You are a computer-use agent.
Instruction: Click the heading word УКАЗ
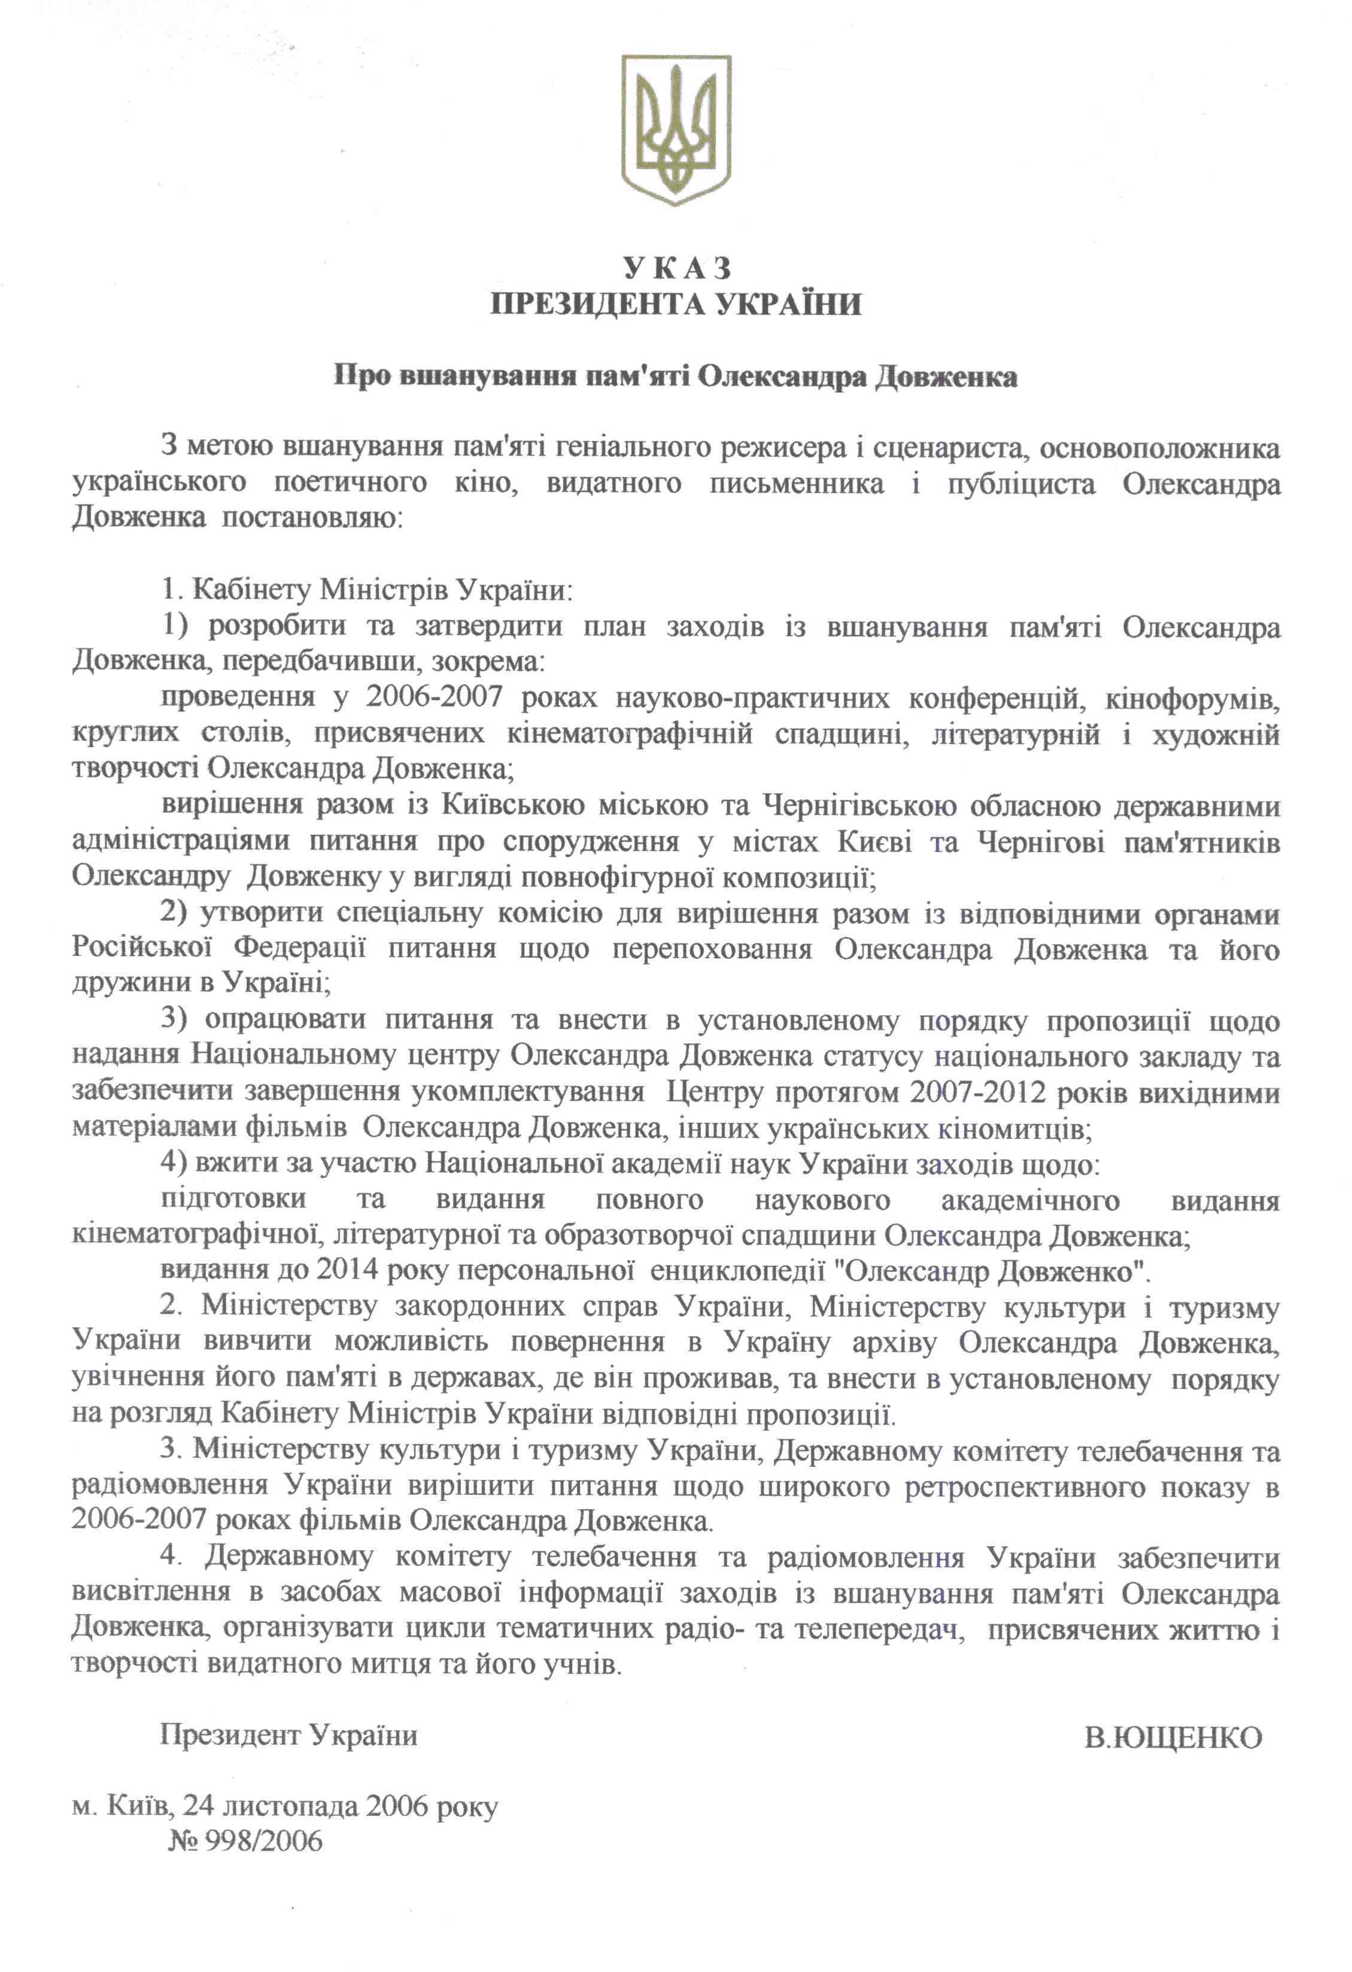tap(676, 268)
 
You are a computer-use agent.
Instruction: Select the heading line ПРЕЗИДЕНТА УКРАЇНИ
tap(676, 304)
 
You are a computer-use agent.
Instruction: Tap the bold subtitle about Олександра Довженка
tap(676, 377)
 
